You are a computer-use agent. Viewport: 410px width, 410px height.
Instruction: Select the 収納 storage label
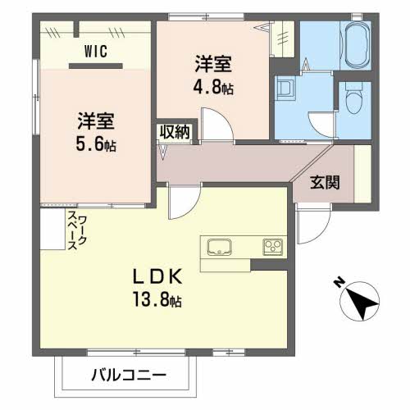coord(175,132)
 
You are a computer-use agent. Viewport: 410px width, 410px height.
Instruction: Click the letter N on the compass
coord(338,284)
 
